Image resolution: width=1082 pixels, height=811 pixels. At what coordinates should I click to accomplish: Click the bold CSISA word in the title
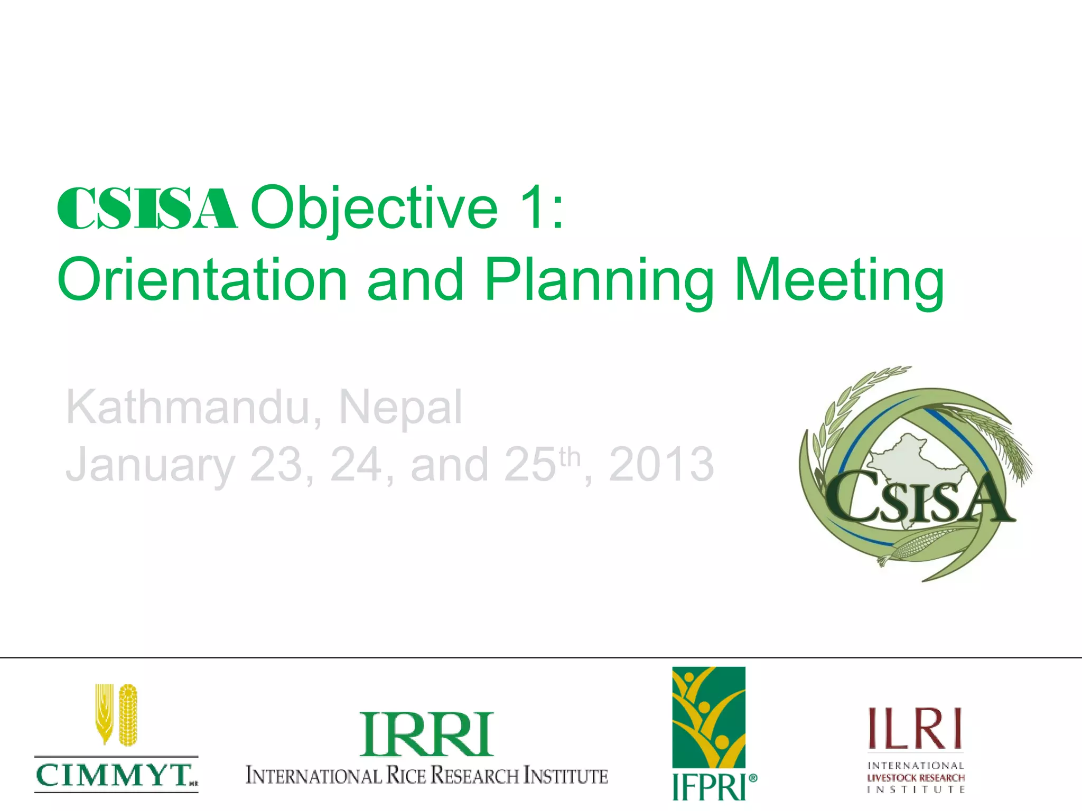coord(147,209)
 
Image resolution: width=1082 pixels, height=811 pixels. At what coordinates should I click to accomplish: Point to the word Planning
coord(599,281)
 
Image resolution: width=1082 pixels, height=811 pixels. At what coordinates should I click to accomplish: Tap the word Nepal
coord(400,408)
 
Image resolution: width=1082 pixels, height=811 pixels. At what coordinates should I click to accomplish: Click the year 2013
coord(661,465)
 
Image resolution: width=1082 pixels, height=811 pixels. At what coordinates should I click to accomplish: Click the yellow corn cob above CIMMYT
coord(128,715)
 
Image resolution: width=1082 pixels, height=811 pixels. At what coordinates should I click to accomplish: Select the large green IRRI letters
coord(426,735)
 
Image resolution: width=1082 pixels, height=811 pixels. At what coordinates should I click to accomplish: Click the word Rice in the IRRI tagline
coord(406,776)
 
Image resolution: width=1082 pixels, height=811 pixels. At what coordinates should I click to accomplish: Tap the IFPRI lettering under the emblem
coord(708,787)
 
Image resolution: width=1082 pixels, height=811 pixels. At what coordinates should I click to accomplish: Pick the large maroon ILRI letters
coord(915,729)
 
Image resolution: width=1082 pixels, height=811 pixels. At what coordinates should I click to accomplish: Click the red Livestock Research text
coord(916,778)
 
